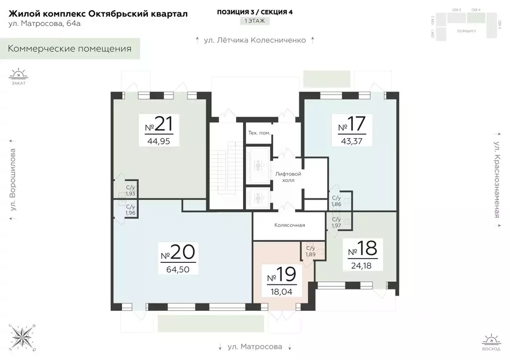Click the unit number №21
[x=160, y=124]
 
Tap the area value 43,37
[x=352, y=141]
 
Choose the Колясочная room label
[x=289, y=225]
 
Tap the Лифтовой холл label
[x=288, y=177]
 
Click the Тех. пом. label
[x=259, y=133]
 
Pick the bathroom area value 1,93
[x=130, y=194]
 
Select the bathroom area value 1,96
[x=130, y=213]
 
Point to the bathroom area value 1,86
[x=336, y=204]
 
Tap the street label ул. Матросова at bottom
[x=255, y=347]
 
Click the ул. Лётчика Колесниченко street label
[x=255, y=40]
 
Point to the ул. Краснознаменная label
[x=497, y=180]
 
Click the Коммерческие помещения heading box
[x=70, y=49]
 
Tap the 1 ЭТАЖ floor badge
[x=255, y=21]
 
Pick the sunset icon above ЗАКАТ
[x=18, y=74]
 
